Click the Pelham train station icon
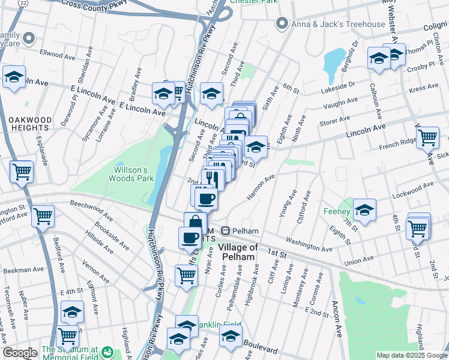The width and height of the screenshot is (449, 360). click(226, 230)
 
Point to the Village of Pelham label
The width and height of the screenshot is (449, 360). click(238, 252)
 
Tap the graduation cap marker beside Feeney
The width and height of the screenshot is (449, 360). click(364, 211)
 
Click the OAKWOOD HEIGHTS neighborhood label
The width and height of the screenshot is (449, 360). click(29, 124)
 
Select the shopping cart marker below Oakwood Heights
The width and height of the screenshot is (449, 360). click(22, 172)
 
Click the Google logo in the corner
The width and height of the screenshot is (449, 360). click(20, 353)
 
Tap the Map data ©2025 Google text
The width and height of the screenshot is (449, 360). click(412, 355)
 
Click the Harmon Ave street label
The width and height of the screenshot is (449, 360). click(260, 188)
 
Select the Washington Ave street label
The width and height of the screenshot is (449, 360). click(309, 244)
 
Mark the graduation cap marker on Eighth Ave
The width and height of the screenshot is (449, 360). click(256, 146)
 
